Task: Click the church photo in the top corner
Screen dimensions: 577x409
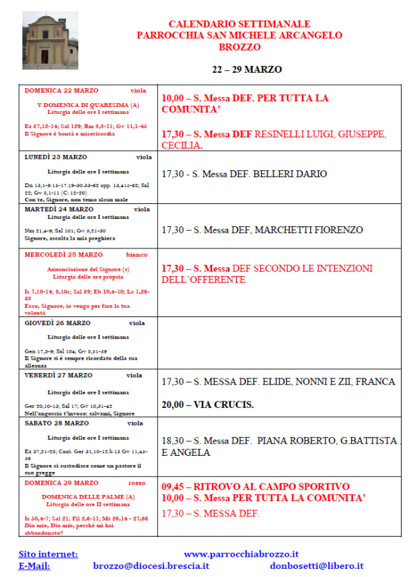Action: point(50,40)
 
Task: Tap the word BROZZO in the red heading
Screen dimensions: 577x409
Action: point(239,47)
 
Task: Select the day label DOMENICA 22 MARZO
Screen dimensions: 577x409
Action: point(61,90)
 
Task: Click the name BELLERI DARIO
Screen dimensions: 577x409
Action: point(293,174)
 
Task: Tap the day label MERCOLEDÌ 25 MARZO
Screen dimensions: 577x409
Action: point(64,255)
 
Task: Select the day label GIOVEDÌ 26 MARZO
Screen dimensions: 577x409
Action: point(57,323)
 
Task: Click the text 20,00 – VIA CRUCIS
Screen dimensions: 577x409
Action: point(208,405)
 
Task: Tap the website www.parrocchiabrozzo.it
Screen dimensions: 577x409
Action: point(241,554)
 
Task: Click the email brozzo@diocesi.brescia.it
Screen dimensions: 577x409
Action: point(151,566)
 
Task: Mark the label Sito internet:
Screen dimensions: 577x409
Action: point(48,554)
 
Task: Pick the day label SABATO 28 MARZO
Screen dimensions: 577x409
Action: point(57,423)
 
